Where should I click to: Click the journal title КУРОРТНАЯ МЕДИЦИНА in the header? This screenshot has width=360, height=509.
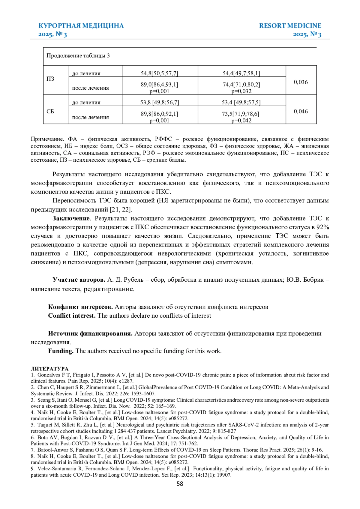point(81,26)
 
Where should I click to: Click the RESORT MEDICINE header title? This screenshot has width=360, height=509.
point(290,26)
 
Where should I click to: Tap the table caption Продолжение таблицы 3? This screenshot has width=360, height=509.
point(78,56)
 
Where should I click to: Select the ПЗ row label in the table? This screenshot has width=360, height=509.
point(50,79)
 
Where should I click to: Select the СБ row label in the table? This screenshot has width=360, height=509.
point(50,112)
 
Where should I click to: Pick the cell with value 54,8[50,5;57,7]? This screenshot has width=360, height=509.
point(159,73)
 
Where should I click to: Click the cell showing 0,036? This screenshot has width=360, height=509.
point(301,82)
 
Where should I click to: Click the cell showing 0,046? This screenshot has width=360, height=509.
point(301,112)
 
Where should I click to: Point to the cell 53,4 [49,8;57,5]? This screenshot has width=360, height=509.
point(241,103)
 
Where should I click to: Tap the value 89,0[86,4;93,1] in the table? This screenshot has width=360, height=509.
point(159,85)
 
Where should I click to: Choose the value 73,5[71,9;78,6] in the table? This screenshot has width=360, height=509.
point(241,114)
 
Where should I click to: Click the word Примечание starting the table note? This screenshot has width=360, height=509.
point(47,139)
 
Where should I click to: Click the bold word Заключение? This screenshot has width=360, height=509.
point(71,218)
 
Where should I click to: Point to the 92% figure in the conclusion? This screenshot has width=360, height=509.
point(322,227)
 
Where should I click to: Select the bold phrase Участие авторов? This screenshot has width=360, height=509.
point(79,280)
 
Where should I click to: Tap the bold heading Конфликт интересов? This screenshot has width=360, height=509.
point(80,307)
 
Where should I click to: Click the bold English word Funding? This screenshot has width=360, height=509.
point(61,351)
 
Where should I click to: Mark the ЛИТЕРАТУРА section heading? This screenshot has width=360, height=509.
point(49,369)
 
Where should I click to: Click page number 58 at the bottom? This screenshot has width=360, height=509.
point(180,484)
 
